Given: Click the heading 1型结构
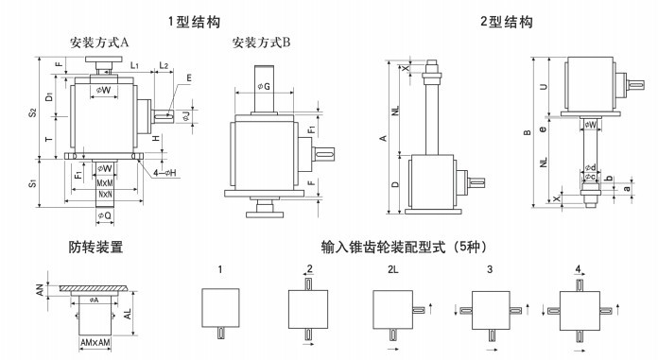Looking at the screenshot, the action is tap(194, 22).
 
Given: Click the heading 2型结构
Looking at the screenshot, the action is tap(507, 22).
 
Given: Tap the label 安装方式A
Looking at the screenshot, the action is tap(99, 43).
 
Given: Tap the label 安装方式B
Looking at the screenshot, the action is tap(262, 43).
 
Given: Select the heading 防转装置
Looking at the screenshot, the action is tap(95, 247).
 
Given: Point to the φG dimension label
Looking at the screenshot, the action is tap(264, 87).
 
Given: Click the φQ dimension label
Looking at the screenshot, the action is tap(105, 215).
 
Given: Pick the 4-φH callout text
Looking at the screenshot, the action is tap(164, 173).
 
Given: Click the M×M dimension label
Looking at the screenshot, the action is tap(105, 183).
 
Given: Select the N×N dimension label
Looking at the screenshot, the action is tap(105, 195).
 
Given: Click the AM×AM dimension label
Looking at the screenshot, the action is tap(95, 343).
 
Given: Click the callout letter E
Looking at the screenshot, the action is tap(189, 78).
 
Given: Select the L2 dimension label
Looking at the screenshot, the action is tap(164, 65).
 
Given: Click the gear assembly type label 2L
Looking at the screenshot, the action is tap(392, 270).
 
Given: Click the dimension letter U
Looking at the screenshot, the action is tap(544, 87).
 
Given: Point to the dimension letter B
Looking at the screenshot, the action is tap(528, 132).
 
